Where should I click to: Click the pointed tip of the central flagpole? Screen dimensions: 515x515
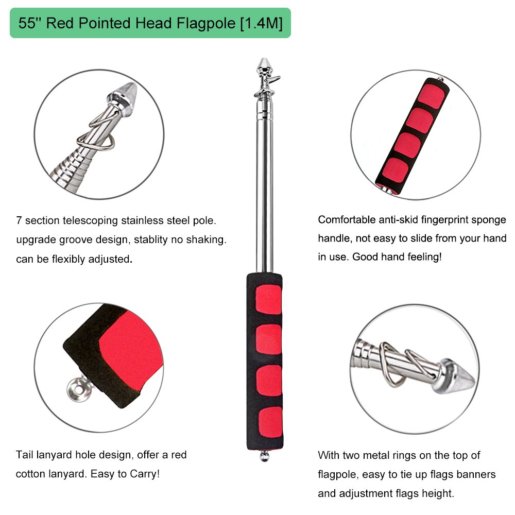264,62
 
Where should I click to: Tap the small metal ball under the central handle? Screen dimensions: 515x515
264,456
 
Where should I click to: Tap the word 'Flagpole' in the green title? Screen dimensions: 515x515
203,24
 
